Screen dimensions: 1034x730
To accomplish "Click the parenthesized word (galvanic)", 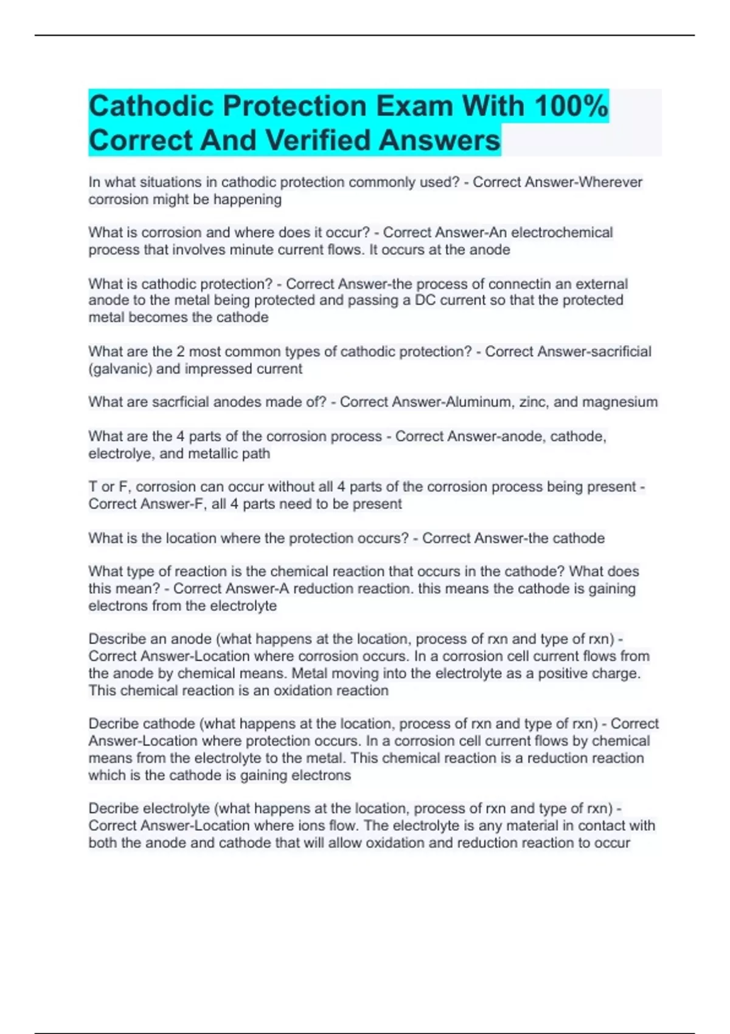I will pyautogui.click(x=120, y=369).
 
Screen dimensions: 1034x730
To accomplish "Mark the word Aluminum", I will pyautogui.click(x=479, y=402).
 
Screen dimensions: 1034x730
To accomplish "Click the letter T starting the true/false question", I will pyautogui.click(x=92, y=487).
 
